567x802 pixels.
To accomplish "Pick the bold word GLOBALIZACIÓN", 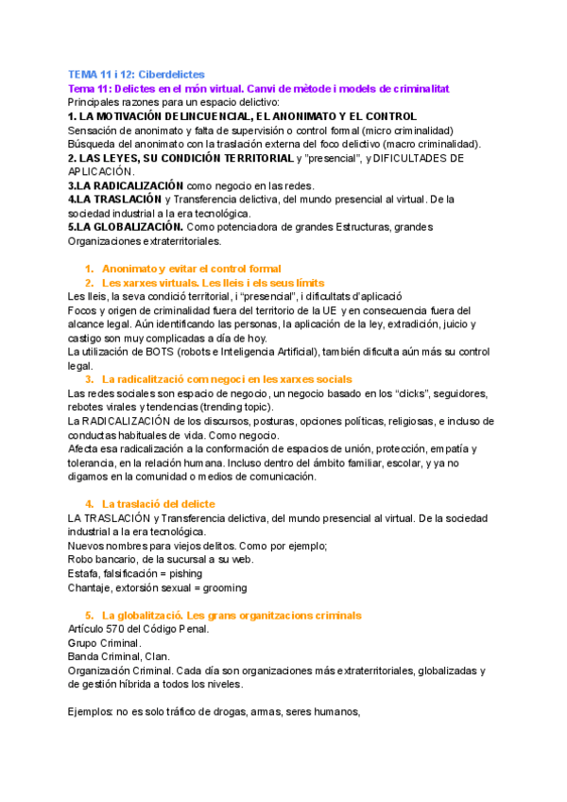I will (x=129, y=228).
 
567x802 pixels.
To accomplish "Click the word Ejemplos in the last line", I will (x=90, y=712).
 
